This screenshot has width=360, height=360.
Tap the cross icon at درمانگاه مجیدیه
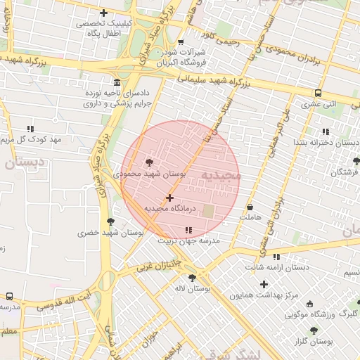coord(169,198)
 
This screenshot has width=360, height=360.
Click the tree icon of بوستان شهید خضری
coord(110,221)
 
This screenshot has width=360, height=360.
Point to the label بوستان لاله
coord(193,289)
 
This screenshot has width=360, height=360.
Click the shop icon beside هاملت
coord(250,207)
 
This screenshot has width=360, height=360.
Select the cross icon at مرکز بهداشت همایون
coord(264,284)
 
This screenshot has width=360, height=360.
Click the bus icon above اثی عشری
coord(319,93)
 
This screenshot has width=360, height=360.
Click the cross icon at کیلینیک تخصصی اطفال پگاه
coord(103,13)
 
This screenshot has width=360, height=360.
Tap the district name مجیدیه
coord(220,174)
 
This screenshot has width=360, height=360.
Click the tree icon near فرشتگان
coord(356,161)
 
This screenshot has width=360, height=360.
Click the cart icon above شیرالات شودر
coord(181,41)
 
